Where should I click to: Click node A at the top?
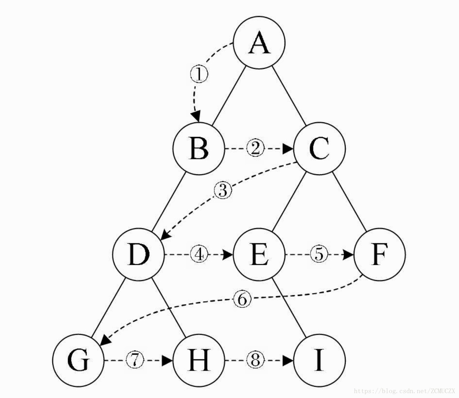coord(259,43)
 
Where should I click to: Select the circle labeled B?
coord(199,149)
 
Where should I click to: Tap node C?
coord(319,149)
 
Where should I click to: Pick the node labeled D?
coord(138,254)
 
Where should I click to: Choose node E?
coord(259,254)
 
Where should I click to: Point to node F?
coord(380,254)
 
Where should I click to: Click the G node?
coord(78,360)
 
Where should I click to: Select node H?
coord(199,360)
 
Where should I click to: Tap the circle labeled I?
coord(319,360)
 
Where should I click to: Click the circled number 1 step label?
coord(199,74)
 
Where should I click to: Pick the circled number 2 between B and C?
coord(255,149)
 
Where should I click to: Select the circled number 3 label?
coord(223,191)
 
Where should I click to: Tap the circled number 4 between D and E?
coord(199,254)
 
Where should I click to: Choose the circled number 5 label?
coord(319,254)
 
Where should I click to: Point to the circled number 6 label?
coord(242,299)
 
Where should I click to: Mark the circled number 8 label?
coord(255,360)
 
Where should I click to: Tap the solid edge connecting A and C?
coord(289,95)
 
